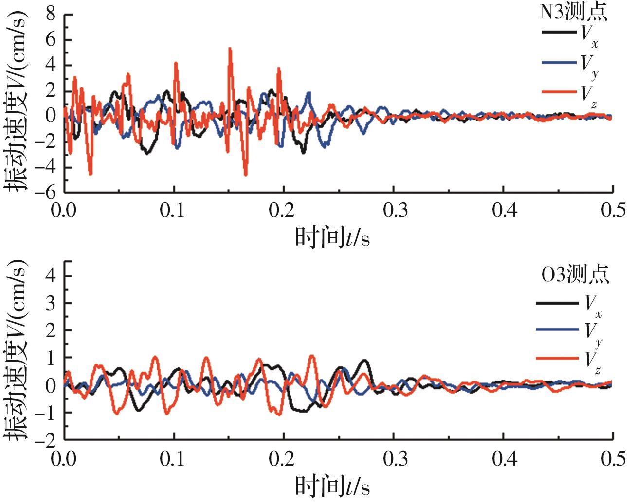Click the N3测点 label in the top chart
pyautogui.click(x=574, y=12)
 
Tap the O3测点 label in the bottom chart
pyautogui.click(x=575, y=275)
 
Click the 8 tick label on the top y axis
pyautogui.click(x=51, y=15)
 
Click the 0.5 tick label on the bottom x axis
pyautogui.click(x=612, y=458)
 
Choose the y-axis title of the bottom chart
pyautogui.click(x=16, y=351)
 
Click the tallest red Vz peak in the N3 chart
pyautogui.click(x=230, y=49)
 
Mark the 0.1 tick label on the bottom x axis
pyautogui.click(x=174, y=458)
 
